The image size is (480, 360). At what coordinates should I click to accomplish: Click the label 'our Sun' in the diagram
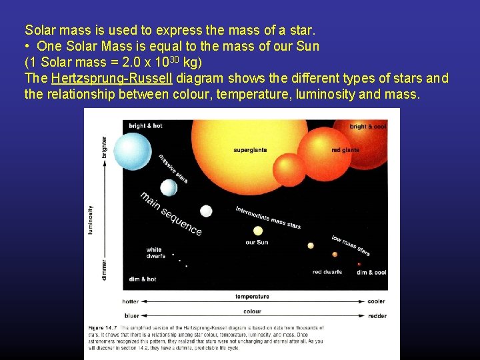[257, 242]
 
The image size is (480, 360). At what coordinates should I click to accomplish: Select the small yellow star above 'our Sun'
[258, 231]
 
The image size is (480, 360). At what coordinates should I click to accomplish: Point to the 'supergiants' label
[250, 150]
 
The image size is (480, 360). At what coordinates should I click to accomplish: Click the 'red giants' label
[345, 150]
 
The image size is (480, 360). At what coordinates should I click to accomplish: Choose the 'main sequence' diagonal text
[171, 213]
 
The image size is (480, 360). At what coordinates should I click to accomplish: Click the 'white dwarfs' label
[154, 253]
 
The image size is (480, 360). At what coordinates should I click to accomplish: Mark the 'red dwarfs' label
[327, 272]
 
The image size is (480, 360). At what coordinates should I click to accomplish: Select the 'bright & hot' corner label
[145, 126]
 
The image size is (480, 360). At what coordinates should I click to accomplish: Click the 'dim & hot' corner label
[142, 279]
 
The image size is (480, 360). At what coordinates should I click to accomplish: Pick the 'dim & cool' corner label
[371, 272]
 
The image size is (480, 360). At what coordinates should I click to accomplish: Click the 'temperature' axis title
[253, 297]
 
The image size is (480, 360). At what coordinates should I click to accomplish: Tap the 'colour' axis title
[252, 311]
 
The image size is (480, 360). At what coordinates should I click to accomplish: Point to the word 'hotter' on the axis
[131, 301]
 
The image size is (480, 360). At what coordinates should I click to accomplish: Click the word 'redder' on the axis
[376, 315]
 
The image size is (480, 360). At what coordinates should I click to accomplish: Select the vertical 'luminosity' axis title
[91, 219]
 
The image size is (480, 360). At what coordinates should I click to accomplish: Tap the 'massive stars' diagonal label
[173, 169]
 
